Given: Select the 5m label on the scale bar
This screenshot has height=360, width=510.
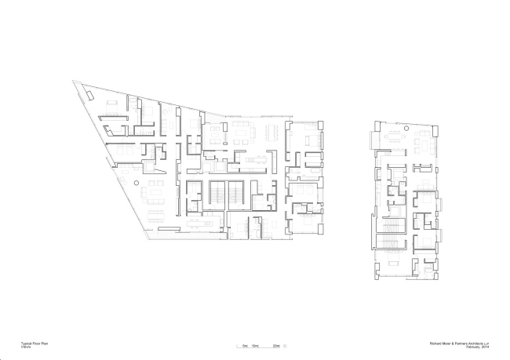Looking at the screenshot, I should pos(245,345).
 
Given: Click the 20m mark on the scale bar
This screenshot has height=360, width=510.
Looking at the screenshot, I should pos(275,345).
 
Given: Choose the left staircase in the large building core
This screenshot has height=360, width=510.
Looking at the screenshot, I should pos(216,194).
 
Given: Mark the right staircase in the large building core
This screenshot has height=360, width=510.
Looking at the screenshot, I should pos(235,194).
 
